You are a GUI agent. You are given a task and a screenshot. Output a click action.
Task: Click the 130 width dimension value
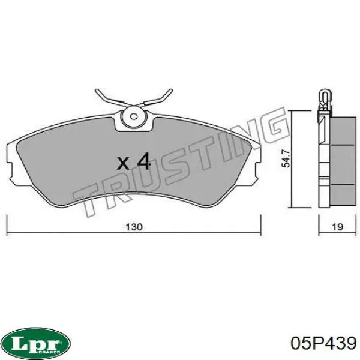point(133,227)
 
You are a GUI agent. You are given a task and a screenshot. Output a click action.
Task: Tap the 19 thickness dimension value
point(336,227)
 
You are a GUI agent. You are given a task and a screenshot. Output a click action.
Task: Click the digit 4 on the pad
point(142,161)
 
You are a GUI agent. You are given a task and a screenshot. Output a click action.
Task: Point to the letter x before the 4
point(123,163)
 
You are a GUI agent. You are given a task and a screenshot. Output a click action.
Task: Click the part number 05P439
point(323,343)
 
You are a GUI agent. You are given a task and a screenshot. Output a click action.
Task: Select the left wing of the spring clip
point(108,97)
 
